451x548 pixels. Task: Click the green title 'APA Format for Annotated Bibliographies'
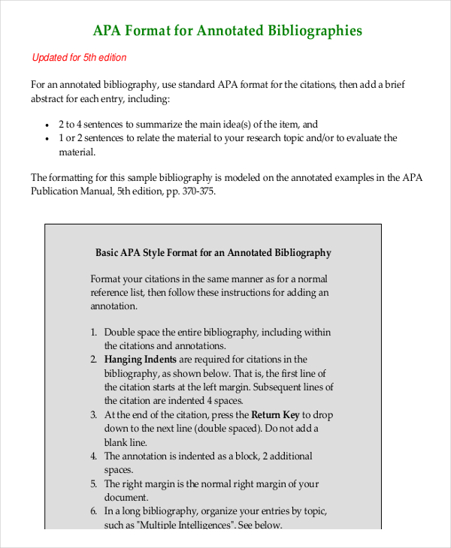(x=227, y=31)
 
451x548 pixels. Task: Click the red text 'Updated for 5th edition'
(x=79, y=58)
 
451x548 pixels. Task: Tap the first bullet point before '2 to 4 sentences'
(x=48, y=125)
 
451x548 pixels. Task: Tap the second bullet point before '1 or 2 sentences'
(x=48, y=138)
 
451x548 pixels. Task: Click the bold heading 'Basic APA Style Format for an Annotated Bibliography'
(x=213, y=253)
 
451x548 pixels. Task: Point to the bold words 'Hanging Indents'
(x=141, y=360)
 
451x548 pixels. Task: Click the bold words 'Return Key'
(x=275, y=414)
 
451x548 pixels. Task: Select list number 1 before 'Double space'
(x=94, y=333)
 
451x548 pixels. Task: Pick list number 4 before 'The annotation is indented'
(x=94, y=456)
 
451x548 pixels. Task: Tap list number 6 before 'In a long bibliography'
(x=94, y=511)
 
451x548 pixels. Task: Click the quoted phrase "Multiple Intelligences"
(x=184, y=525)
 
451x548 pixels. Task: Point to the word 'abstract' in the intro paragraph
(x=49, y=98)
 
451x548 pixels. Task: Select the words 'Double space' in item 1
(x=132, y=333)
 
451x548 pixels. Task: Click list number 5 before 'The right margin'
(x=94, y=484)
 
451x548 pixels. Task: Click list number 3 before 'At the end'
(x=94, y=415)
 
